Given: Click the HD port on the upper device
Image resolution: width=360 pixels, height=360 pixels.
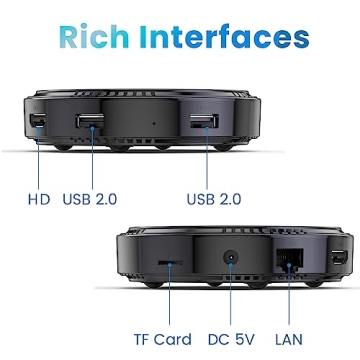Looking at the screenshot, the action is (37, 123).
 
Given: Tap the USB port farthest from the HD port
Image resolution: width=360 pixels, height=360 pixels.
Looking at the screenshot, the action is (203, 126).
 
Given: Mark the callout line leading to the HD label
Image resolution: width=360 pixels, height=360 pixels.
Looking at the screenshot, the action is (37, 160).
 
